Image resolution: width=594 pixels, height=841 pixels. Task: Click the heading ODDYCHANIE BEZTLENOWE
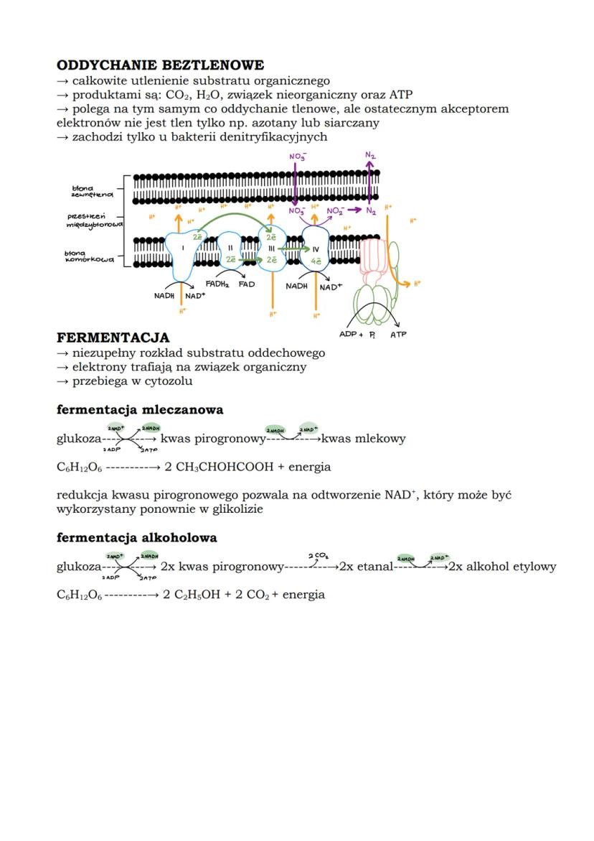pyautogui.click(x=160, y=65)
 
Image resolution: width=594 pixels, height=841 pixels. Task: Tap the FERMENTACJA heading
pyautogui.click(x=113, y=338)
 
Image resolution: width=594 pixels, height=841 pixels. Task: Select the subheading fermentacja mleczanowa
pyautogui.click(x=140, y=410)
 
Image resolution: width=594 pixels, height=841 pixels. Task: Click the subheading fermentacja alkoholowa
pyautogui.click(x=136, y=538)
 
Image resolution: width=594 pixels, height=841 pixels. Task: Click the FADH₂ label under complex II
pyautogui.click(x=217, y=284)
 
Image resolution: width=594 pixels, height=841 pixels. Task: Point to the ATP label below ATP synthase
pyautogui.click(x=398, y=335)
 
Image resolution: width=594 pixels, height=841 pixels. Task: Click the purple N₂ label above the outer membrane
pyautogui.click(x=370, y=155)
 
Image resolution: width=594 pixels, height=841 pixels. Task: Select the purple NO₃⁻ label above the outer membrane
pyautogui.click(x=297, y=157)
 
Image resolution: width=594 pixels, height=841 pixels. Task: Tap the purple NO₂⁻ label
pyautogui.click(x=335, y=211)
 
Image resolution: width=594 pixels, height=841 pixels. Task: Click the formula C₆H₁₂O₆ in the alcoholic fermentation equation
pyautogui.click(x=79, y=595)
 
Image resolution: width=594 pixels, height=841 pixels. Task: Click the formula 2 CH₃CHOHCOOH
pyautogui.click(x=219, y=468)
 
